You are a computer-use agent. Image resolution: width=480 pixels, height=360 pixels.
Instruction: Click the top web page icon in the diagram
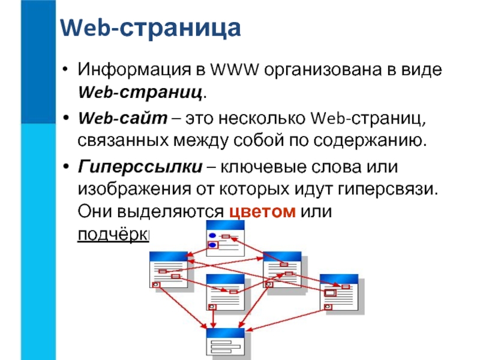click(225, 238)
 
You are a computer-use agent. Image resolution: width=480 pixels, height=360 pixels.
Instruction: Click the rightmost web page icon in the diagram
click(340, 293)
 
